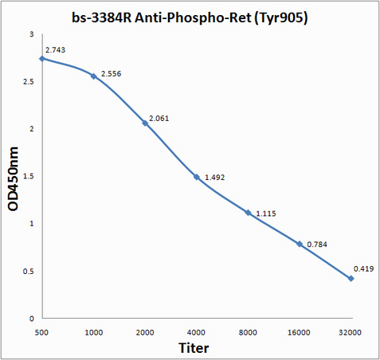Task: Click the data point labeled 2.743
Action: (42, 59)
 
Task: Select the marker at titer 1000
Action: (93, 76)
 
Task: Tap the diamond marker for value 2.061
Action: (145, 123)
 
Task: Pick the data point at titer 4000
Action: (197, 177)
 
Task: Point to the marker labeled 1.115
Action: (248, 213)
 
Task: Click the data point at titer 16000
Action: (300, 244)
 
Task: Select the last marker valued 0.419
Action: (351, 279)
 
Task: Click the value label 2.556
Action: (111, 74)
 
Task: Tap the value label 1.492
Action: (214, 178)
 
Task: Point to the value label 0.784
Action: (317, 245)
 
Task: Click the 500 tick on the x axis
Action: (41, 332)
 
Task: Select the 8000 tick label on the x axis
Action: (248, 332)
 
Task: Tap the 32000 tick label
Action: (350, 332)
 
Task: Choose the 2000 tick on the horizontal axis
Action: (145, 332)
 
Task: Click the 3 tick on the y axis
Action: (32, 34)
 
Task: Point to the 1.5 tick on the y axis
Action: (29, 176)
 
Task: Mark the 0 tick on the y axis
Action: (32, 319)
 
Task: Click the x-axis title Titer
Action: (194, 348)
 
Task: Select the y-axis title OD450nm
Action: (13, 179)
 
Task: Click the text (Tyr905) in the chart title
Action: (281, 18)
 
